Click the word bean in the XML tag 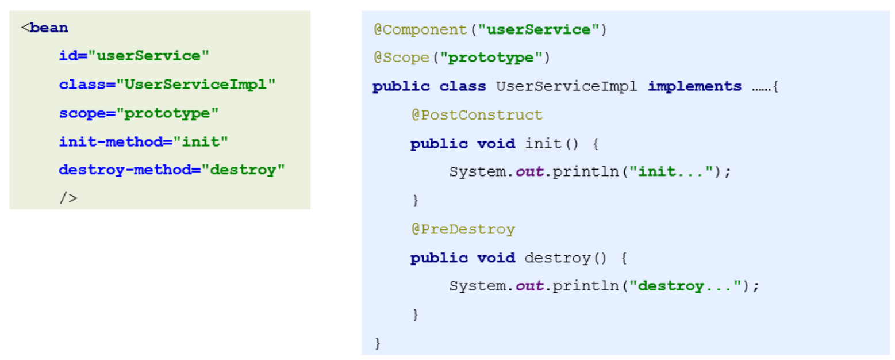[x=48, y=28]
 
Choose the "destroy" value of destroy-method [x=246, y=170]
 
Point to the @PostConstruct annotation [x=477, y=115]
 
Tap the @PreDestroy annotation [x=463, y=229]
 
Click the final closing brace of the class [x=378, y=344]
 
